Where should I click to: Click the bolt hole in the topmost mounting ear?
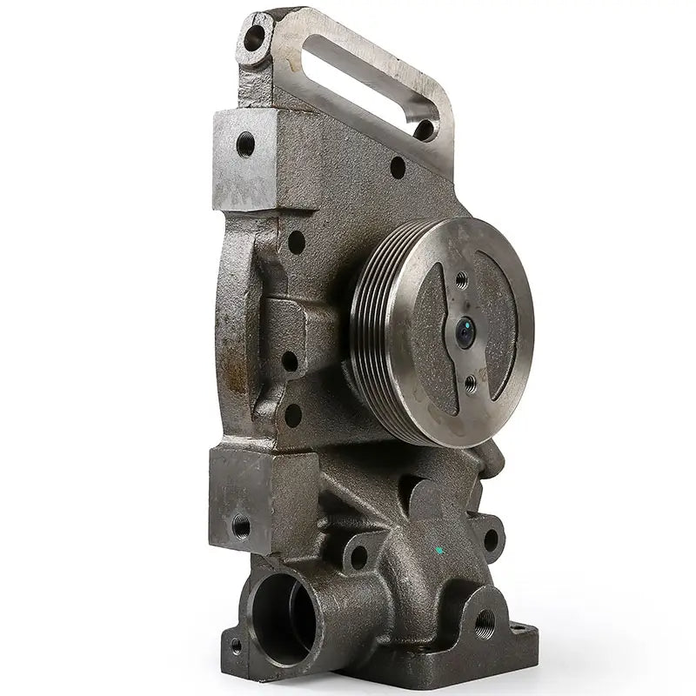(x=255, y=37)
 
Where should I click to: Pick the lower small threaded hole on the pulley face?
(x=471, y=380)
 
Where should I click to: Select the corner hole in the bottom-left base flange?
(x=234, y=646)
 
